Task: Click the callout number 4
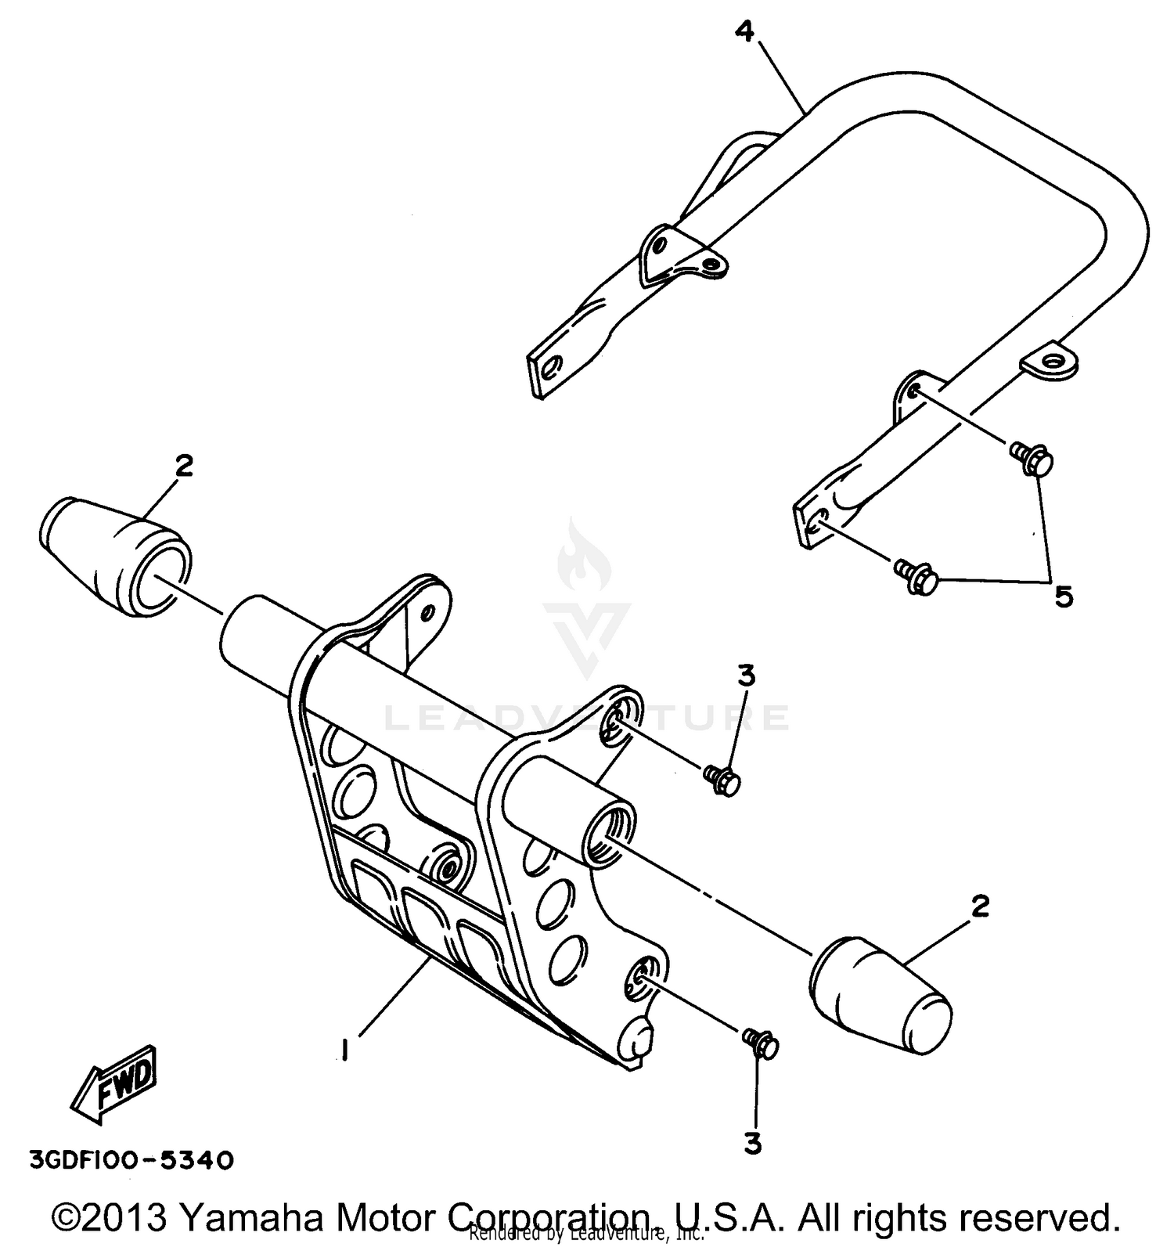pos(744,32)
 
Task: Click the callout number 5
pos(1063,596)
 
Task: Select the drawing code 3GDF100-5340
pos(131,1159)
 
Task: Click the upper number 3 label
pos(747,675)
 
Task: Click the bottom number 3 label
pos(752,1144)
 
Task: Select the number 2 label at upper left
pos(183,466)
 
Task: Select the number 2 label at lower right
pos(980,906)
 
